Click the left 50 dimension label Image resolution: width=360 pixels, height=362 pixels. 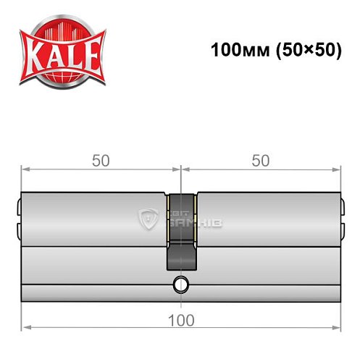click(101, 161)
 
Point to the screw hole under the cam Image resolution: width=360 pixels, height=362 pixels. click(180, 283)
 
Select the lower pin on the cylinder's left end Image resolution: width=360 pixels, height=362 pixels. click(18, 231)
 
